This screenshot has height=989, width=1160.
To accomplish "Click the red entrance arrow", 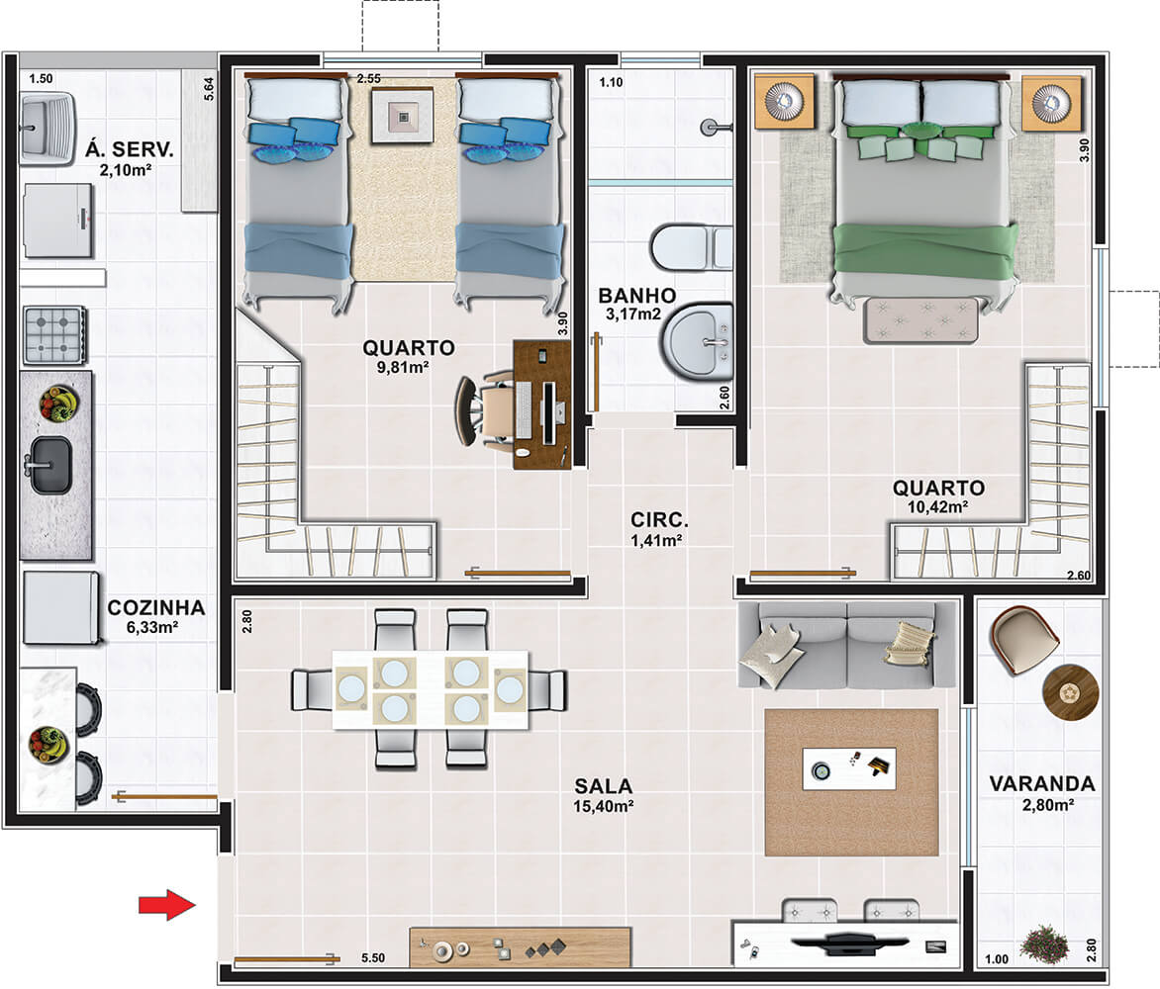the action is (168, 904).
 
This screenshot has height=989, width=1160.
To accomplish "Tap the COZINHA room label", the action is (156, 607).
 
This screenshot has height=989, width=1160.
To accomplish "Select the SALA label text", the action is (604, 785).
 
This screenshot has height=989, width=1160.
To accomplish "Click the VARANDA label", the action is (1041, 783).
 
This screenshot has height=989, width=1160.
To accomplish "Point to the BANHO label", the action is (637, 296).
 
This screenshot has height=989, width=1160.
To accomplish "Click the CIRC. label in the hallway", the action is (659, 519).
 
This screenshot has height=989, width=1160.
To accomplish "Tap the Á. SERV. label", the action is (130, 149).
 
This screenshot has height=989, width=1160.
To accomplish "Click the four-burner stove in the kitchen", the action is (54, 335).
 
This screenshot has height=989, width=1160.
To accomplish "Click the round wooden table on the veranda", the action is (1071, 692).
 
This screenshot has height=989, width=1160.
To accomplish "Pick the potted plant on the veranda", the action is (1044, 944).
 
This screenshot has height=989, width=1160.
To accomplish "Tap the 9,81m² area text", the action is (403, 367).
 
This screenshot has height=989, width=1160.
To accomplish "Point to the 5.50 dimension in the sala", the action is (373, 958).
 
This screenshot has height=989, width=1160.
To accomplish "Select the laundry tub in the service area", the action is (46, 129).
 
